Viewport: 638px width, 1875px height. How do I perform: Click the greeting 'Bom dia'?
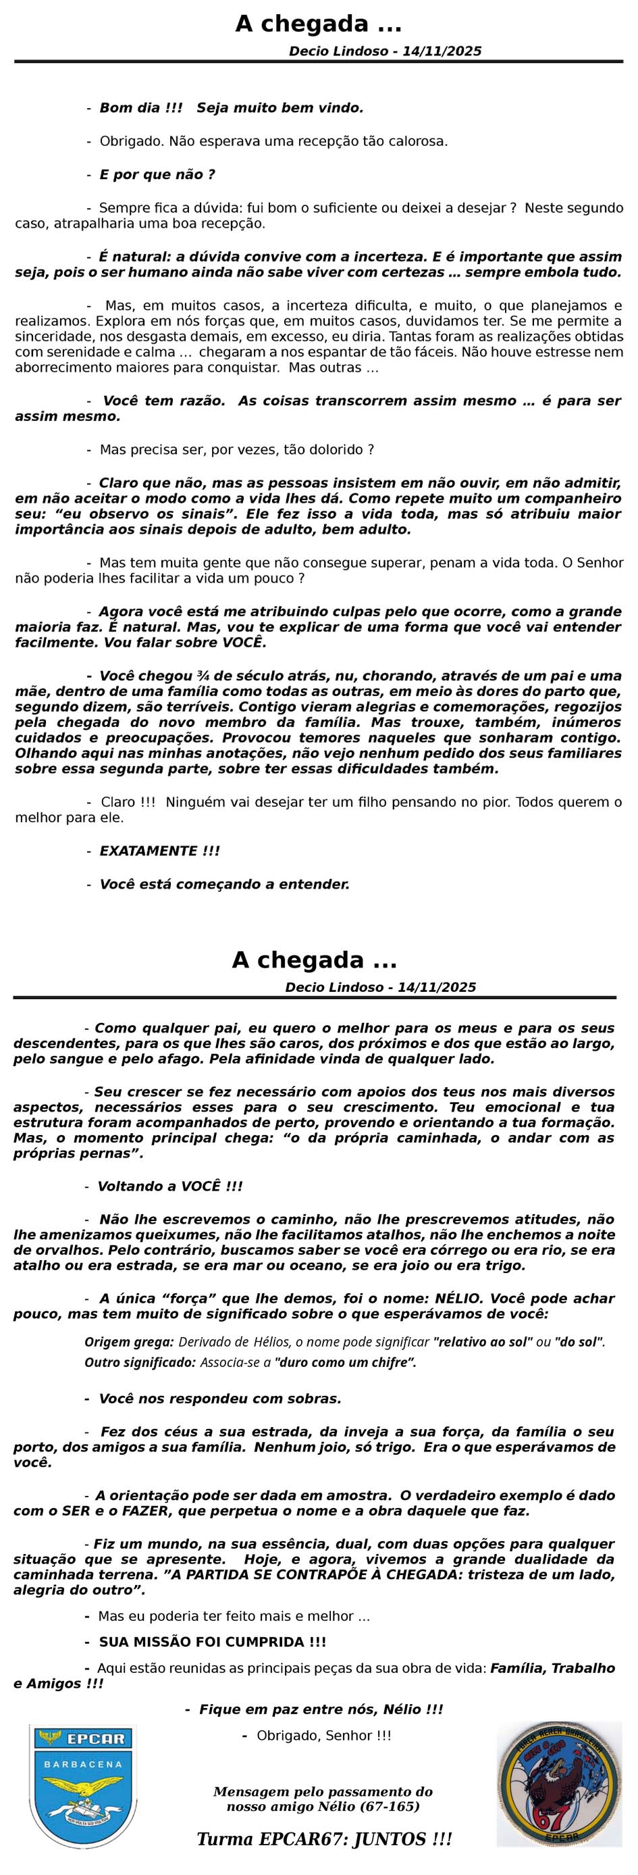tap(131, 107)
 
